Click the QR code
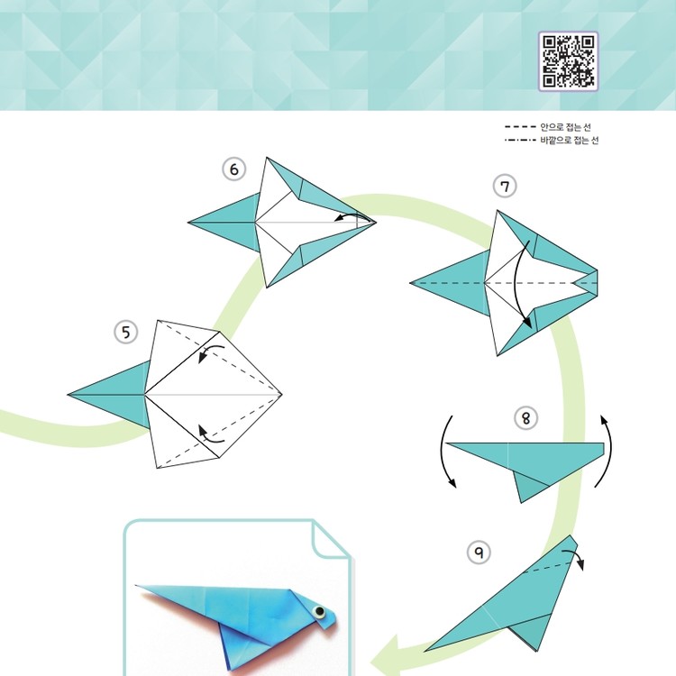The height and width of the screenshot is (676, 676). pyautogui.click(x=568, y=61)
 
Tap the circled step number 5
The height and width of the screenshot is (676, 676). pyautogui.click(x=126, y=333)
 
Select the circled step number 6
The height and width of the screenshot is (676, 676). pyautogui.click(x=234, y=169)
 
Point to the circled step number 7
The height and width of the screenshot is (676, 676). pyautogui.click(x=505, y=187)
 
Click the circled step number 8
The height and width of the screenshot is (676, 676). pyautogui.click(x=526, y=417)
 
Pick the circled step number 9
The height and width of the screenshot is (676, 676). pyautogui.click(x=479, y=552)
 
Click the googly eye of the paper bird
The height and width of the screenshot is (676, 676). pyautogui.click(x=319, y=611)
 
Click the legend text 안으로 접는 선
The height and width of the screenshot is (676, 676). pyautogui.click(x=565, y=127)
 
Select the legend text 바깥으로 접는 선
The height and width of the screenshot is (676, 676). pyautogui.click(x=569, y=140)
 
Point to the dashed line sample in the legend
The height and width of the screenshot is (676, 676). pyautogui.click(x=520, y=127)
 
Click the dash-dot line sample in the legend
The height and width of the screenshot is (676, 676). pyautogui.click(x=520, y=140)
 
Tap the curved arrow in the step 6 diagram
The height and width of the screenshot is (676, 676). pyautogui.click(x=355, y=215)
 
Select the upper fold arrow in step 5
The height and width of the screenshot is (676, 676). pyautogui.click(x=210, y=352)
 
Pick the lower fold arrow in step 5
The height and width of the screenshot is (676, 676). pyautogui.click(x=210, y=435)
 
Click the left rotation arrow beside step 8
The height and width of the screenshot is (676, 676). pyautogui.click(x=443, y=452)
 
